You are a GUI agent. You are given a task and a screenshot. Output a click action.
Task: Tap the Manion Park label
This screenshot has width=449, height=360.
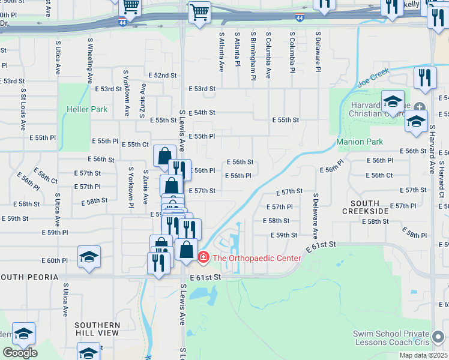click(x=360, y=142)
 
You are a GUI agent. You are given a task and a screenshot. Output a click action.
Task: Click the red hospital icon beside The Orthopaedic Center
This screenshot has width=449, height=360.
click(x=203, y=258)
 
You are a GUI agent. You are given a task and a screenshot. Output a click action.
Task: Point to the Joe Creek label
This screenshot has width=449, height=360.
click(x=373, y=76)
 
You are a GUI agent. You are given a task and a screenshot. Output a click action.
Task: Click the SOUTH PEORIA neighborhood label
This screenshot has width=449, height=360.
click(x=29, y=277)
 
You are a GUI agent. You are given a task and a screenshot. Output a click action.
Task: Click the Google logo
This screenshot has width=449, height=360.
click(x=20, y=353)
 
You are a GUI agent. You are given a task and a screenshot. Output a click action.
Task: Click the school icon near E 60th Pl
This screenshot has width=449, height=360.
click(x=89, y=257)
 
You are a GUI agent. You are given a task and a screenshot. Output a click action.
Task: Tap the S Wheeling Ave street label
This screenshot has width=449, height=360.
click(x=90, y=61)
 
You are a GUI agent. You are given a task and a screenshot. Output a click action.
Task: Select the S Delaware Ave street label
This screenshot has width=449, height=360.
click(x=315, y=216)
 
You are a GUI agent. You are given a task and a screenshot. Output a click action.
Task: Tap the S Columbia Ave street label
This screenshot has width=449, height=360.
click(x=268, y=56)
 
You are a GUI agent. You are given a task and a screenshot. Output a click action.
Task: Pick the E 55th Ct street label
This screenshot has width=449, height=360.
click(x=135, y=145)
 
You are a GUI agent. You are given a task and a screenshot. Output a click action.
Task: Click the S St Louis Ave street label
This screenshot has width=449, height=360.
click(x=23, y=110)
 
